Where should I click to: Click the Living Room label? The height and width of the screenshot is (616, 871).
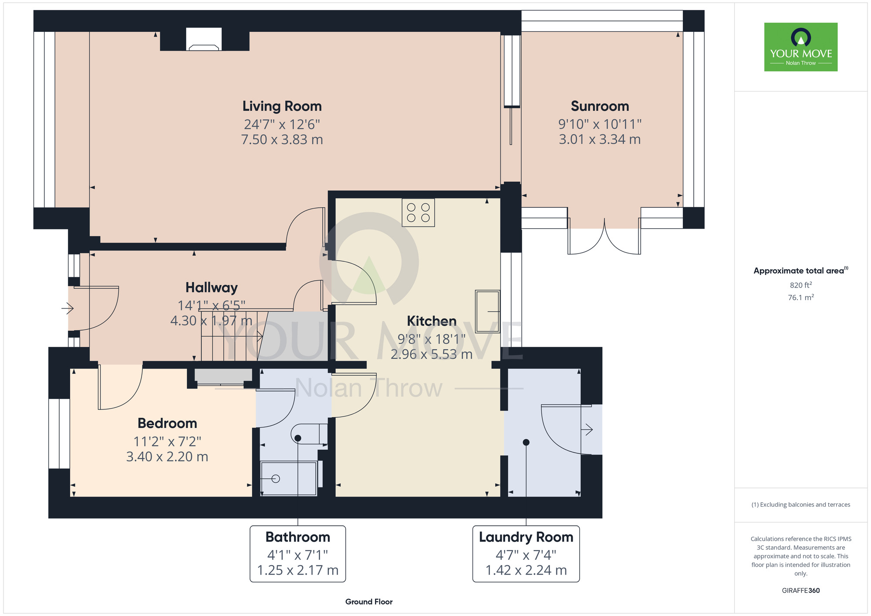(282, 106)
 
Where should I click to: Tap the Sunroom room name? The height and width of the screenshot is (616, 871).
(600, 106)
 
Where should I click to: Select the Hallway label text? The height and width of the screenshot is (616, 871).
(212, 288)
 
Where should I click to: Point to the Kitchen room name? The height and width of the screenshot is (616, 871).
(432, 321)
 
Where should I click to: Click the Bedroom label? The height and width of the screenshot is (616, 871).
(167, 423)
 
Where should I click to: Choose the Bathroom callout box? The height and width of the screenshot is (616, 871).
(298, 554)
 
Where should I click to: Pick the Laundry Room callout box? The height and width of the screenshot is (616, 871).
(526, 554)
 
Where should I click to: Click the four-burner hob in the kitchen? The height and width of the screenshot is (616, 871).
(418, 213)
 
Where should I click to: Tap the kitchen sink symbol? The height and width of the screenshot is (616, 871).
(487, 311)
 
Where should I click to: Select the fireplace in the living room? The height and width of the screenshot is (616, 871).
(204, 39)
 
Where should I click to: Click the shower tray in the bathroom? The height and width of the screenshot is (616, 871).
(288, 478)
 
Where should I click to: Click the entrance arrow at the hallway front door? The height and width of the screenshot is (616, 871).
(68, 308)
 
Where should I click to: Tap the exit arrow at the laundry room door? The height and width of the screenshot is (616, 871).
(587, 430)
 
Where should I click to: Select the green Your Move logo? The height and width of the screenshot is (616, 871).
(801, 47)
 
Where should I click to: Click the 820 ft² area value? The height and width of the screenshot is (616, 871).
(801, 285)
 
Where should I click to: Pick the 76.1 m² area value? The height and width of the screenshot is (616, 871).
(801, 298)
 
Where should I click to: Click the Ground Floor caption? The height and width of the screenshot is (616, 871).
(369, 602)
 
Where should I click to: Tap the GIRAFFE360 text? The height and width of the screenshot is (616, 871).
(801, 591)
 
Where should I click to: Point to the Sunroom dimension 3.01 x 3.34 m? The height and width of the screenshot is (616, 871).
(600, 139)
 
